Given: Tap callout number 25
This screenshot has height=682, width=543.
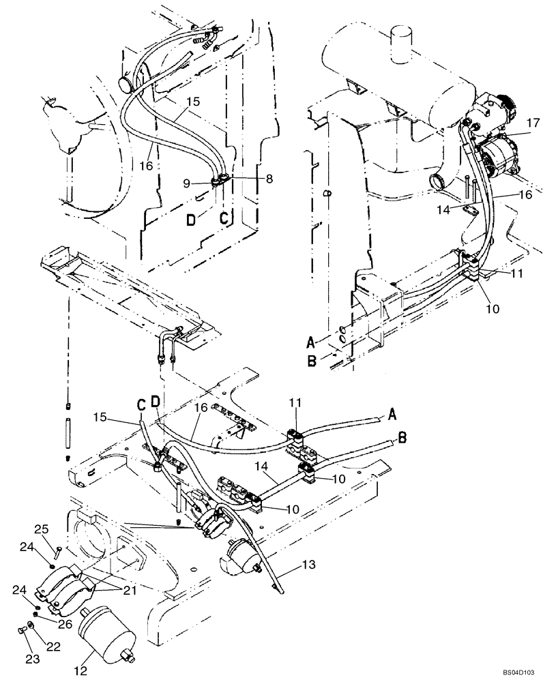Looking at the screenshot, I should pos(41,529).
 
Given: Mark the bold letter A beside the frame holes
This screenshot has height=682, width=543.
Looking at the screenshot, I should pos(311,340).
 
